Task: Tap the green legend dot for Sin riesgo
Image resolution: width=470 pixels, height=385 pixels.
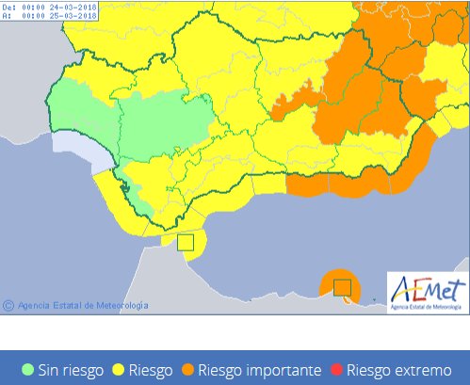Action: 28,370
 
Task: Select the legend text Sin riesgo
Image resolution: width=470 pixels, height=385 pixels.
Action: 72,370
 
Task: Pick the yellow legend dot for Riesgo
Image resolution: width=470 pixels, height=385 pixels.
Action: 121,370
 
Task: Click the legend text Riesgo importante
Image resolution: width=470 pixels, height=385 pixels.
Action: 259,370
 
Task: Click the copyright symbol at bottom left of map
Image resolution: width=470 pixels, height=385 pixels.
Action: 8,305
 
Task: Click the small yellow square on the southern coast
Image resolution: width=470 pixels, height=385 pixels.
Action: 186,243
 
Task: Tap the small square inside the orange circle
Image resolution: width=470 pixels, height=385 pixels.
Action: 342,287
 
